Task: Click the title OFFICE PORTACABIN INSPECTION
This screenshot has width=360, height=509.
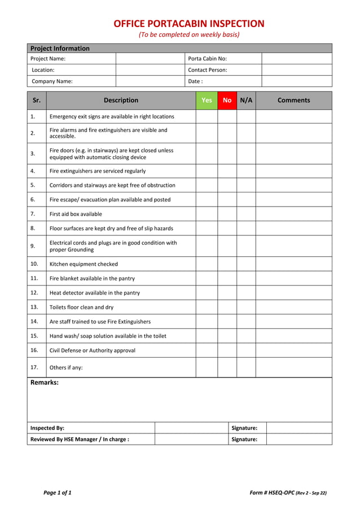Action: tap(189, 24)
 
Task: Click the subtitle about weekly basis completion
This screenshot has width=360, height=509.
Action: tap(189, 35)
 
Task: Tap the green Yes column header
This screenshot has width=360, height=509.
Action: tap(207, 100)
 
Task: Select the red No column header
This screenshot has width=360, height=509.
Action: tap(227, 100)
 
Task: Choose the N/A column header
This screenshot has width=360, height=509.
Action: tap(246, 100)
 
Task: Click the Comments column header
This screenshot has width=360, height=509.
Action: tap(293, 100)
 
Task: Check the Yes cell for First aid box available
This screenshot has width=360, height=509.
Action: tap(207, 214)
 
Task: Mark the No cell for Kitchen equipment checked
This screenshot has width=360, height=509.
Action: tap(227, 264)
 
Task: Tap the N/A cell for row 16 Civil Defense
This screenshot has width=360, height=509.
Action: tap(246, 350)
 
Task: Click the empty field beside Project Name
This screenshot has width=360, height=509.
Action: tap(150, 59)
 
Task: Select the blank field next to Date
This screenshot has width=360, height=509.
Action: tap(297, 81)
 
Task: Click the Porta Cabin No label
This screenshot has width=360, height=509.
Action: tap(207, 59)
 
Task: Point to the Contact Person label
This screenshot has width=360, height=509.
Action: tap(208, 70)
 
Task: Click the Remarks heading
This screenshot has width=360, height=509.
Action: tap(45, 383)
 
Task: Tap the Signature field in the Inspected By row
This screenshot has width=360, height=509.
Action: tap(298, 428)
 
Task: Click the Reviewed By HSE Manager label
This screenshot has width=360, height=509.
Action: tap(80, 440)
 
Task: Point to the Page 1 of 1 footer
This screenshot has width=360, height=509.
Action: tap(58, 493)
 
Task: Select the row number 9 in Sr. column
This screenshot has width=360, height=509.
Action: tap(33, 246)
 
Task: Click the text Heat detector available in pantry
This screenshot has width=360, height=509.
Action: tap(95, 293)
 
